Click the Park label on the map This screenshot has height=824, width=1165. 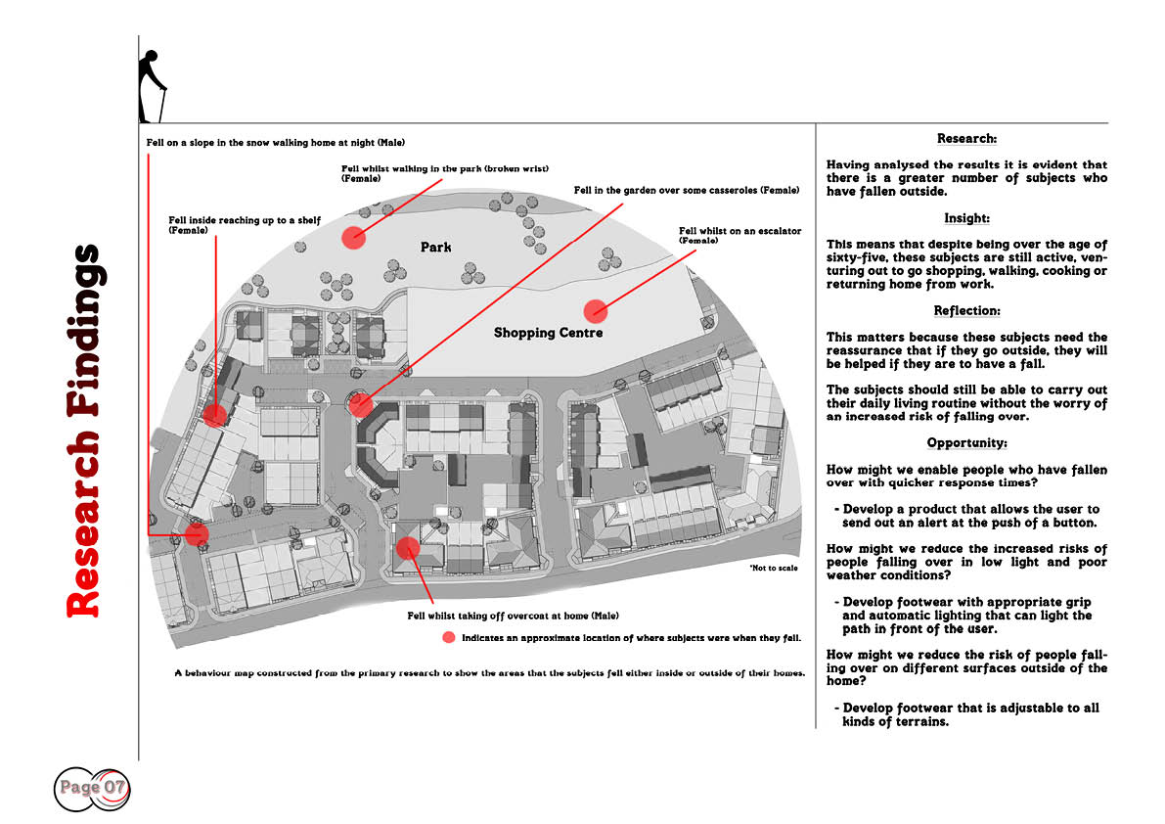435,247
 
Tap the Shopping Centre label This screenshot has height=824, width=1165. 549,333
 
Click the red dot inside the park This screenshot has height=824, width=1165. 354,237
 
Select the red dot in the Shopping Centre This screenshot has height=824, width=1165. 595,311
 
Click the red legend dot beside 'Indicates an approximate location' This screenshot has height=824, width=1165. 449,637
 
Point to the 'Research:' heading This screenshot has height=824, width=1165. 966,139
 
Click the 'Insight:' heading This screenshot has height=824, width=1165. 966,218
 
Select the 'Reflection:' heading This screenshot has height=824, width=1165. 966,310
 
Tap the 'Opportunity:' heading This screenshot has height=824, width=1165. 966,443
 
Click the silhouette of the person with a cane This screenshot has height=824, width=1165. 152,86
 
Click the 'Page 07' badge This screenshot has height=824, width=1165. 92,789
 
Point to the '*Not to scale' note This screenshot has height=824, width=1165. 774,568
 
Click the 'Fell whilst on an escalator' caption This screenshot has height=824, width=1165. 740,236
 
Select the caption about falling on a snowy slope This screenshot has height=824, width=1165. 276,143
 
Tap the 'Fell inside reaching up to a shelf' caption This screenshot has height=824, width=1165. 245,225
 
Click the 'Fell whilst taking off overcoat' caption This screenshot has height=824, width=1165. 513,616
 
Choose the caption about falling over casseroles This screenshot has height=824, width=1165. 687,190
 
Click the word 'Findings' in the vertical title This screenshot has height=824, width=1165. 83,331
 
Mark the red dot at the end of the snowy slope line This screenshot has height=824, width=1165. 197,533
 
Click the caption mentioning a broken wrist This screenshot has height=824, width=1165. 445,173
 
